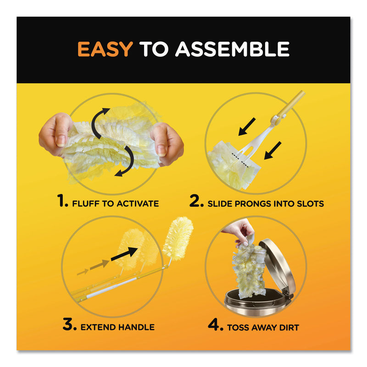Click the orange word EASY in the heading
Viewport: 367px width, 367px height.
(105, 49)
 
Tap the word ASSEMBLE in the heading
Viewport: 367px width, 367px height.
(233, 49)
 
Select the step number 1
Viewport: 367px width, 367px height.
(62, 201)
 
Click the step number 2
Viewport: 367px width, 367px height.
(196, 201)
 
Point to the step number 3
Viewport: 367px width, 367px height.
(70, 324)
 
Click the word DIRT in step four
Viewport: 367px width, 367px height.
(289, 327)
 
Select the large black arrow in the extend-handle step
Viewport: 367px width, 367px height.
(124, 254)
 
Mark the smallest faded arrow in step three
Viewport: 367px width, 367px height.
(83, 272)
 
